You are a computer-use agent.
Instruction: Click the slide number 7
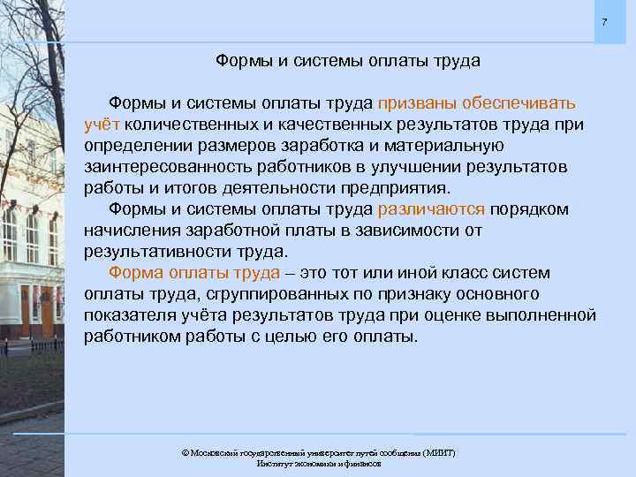click(x=604, y=21)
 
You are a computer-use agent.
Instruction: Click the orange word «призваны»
click(x=419, y=103)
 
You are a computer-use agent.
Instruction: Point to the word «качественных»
click(x=358, y=125)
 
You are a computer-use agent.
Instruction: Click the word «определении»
click(x=135, y=146)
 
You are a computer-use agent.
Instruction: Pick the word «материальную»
click(x=447, y=146)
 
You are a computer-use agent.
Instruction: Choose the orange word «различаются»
click(x=431, y=209)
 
